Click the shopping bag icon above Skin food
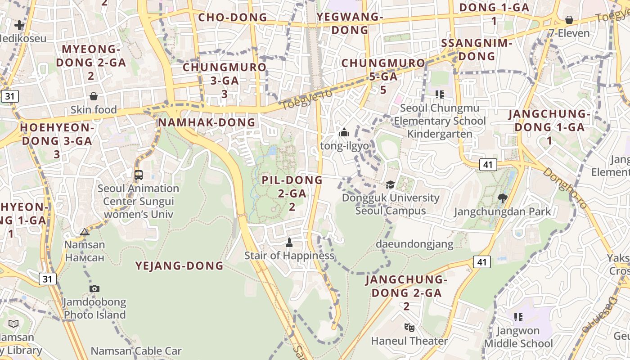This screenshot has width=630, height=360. (x=94, y=96)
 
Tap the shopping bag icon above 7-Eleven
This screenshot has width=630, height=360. (x=569, y=20)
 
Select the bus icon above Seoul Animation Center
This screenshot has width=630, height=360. (x=139, y=175)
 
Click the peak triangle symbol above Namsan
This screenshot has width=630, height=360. (x=85, y=232)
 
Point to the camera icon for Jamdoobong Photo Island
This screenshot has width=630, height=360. (x=94, y=288)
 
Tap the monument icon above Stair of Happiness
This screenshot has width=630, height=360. (x=289, y=243)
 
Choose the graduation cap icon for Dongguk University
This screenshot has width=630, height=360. (x=390, y=185)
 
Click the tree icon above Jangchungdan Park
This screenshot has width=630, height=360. (x=503, y=198)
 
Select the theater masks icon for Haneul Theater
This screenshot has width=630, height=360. (x=409, y=327)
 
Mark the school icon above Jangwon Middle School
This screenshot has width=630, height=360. (x=518, y=317)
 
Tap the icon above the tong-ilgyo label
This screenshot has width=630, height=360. (x=344, y=133)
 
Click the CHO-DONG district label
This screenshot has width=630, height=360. (x=233, y=18)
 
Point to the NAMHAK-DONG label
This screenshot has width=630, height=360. (x=207, y=122)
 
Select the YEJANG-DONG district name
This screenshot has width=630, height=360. (x=180, y=266)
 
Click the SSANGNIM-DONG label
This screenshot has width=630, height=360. (x=477, y=50)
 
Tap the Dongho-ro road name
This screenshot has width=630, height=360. (x=565, y=188)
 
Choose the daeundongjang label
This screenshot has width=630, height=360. (x=414, y=244)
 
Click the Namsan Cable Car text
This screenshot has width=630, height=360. (x=136, y=351)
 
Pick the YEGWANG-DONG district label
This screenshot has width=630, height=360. (x=349, y=23)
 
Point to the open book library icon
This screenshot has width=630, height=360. (x=13, y=324)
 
